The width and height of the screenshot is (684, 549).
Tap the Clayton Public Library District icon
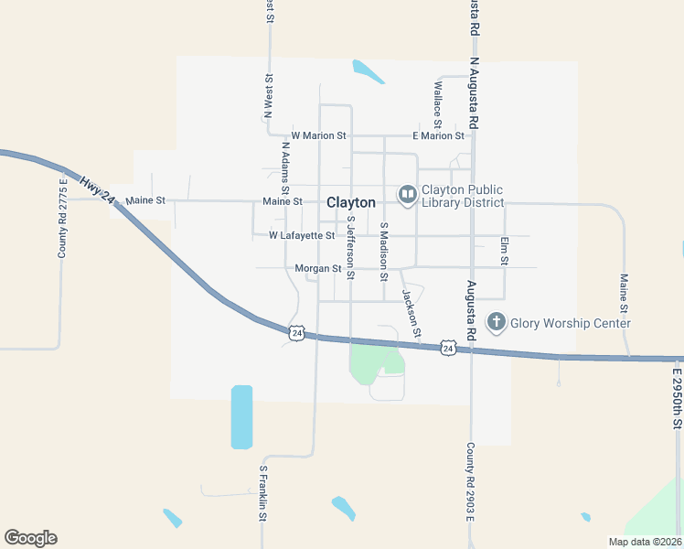coord(407,194)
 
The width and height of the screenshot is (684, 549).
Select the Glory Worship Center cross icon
coord(497,322)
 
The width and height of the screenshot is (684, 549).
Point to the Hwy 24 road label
coord(94,194)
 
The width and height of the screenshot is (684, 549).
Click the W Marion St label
coord(318,135)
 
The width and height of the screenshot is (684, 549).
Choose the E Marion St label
coord(438,135)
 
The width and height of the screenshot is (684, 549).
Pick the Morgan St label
coord(317,269)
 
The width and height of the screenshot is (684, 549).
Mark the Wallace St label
coord(438,104)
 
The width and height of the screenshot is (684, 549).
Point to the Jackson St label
coord(411,313)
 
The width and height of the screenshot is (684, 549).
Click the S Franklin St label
coord(262,493)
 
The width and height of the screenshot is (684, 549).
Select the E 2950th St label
coord(678,399)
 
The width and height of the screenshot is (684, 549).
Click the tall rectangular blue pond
coord(241,417)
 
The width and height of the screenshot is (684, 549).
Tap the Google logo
coord(30,538)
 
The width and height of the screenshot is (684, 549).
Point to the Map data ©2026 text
coord(644,542)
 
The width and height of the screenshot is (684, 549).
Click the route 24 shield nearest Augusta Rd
coord(447,348)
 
